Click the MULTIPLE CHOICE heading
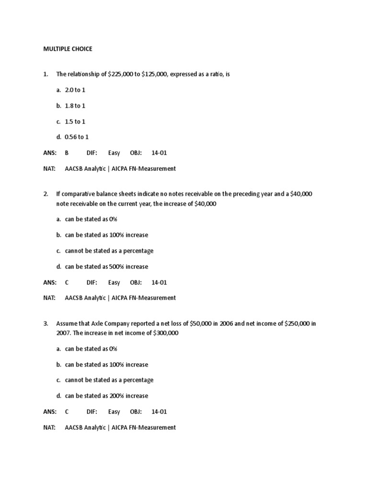tap(68, 49)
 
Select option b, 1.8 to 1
tap(75, 106)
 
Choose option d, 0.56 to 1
tap(77, 137)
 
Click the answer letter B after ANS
tap(67, 153)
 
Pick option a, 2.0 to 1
tap(75, 90)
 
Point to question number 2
tap(46, 194)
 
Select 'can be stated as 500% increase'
tap(106, 267)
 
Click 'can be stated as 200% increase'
tap(106, 396)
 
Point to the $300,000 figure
tap(166, 333)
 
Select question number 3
tap(46, 323)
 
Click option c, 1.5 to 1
tap(75, 122)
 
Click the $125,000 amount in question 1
tap(155, 75)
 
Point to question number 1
tap(46, 75)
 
